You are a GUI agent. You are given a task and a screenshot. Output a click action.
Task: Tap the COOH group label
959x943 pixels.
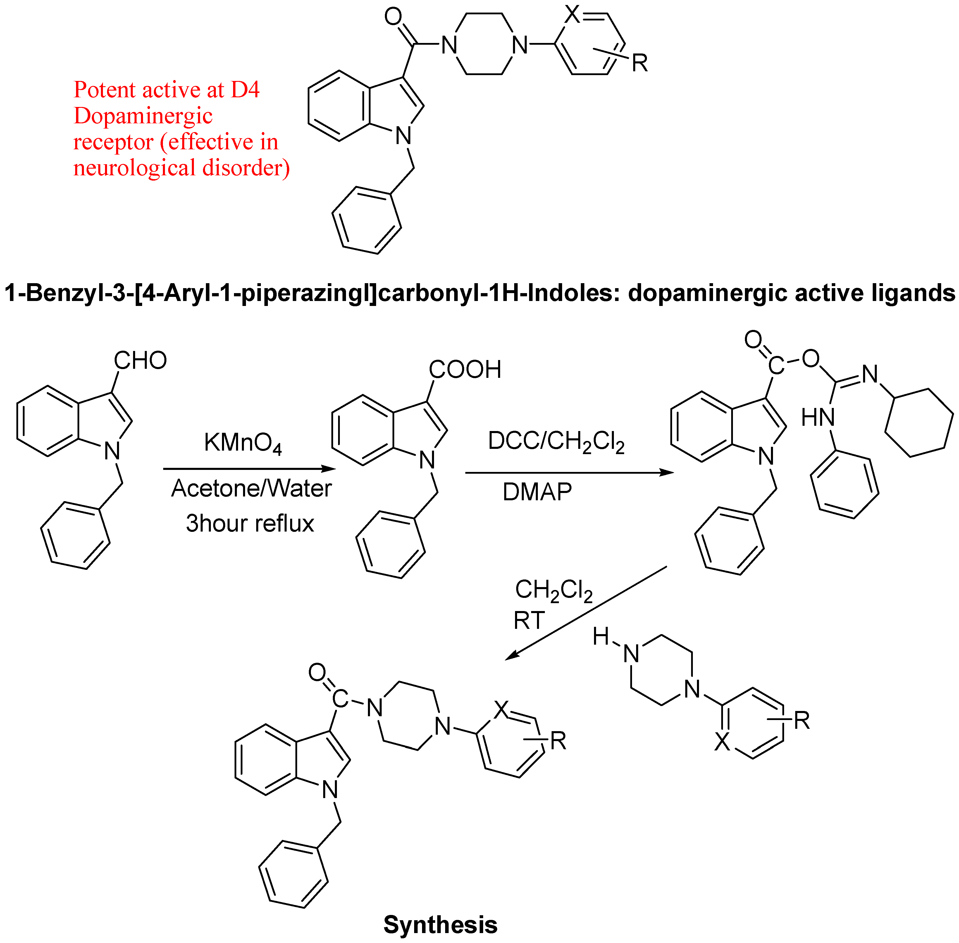465,369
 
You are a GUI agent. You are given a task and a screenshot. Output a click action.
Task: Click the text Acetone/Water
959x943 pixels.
251,488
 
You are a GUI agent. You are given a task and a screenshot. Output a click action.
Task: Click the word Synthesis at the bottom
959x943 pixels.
440,925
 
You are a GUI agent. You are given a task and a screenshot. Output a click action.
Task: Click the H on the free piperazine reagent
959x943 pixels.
601,636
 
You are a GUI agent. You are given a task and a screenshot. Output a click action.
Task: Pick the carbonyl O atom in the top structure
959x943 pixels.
393,16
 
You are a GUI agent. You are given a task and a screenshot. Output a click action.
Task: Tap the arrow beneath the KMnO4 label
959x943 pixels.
249,468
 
